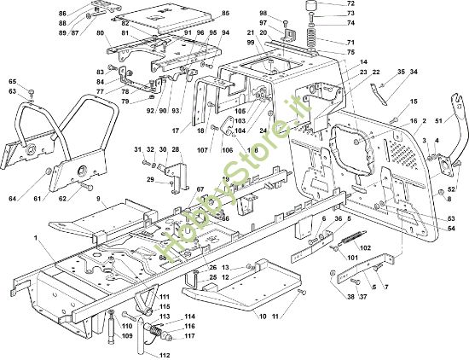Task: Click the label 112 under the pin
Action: [165, 355]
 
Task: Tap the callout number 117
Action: [188, 335]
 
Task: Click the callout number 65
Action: [13, 81]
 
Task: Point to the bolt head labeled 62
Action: [85, 185]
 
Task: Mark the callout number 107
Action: [202, 151]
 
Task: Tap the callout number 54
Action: [451, 229]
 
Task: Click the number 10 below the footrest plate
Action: [263, 316]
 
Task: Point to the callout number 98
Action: [263, 14]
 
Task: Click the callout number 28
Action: [176, 149]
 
